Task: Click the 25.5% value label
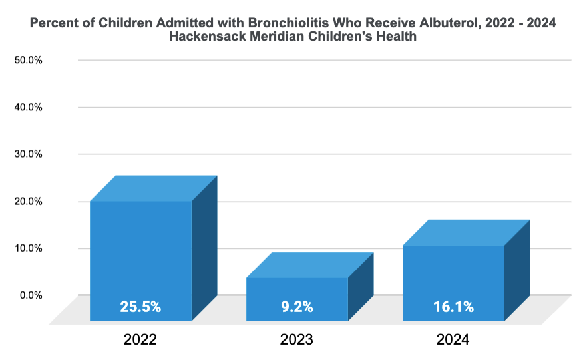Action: coord(140,307)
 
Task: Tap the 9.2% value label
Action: coord(297,307)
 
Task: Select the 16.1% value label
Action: coord(453,307)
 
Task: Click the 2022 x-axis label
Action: coord(140,339)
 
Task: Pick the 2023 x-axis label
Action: coord(297,339)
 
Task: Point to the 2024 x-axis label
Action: coord(453,339)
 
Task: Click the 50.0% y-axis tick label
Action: coord(28,60)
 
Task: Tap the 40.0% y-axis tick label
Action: coord(28,107)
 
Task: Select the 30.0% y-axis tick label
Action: coord(28,154)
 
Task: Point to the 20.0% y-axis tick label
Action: coord(28,201)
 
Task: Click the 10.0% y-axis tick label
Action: coord(28,248)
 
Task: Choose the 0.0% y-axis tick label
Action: coord(31,295)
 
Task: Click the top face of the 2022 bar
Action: coord(154,188)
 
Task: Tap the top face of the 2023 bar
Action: coord(310,265)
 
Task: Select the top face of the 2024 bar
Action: coord(467,232)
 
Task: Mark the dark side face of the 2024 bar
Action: coord(516,270)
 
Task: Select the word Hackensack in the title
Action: coord(206,37)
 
